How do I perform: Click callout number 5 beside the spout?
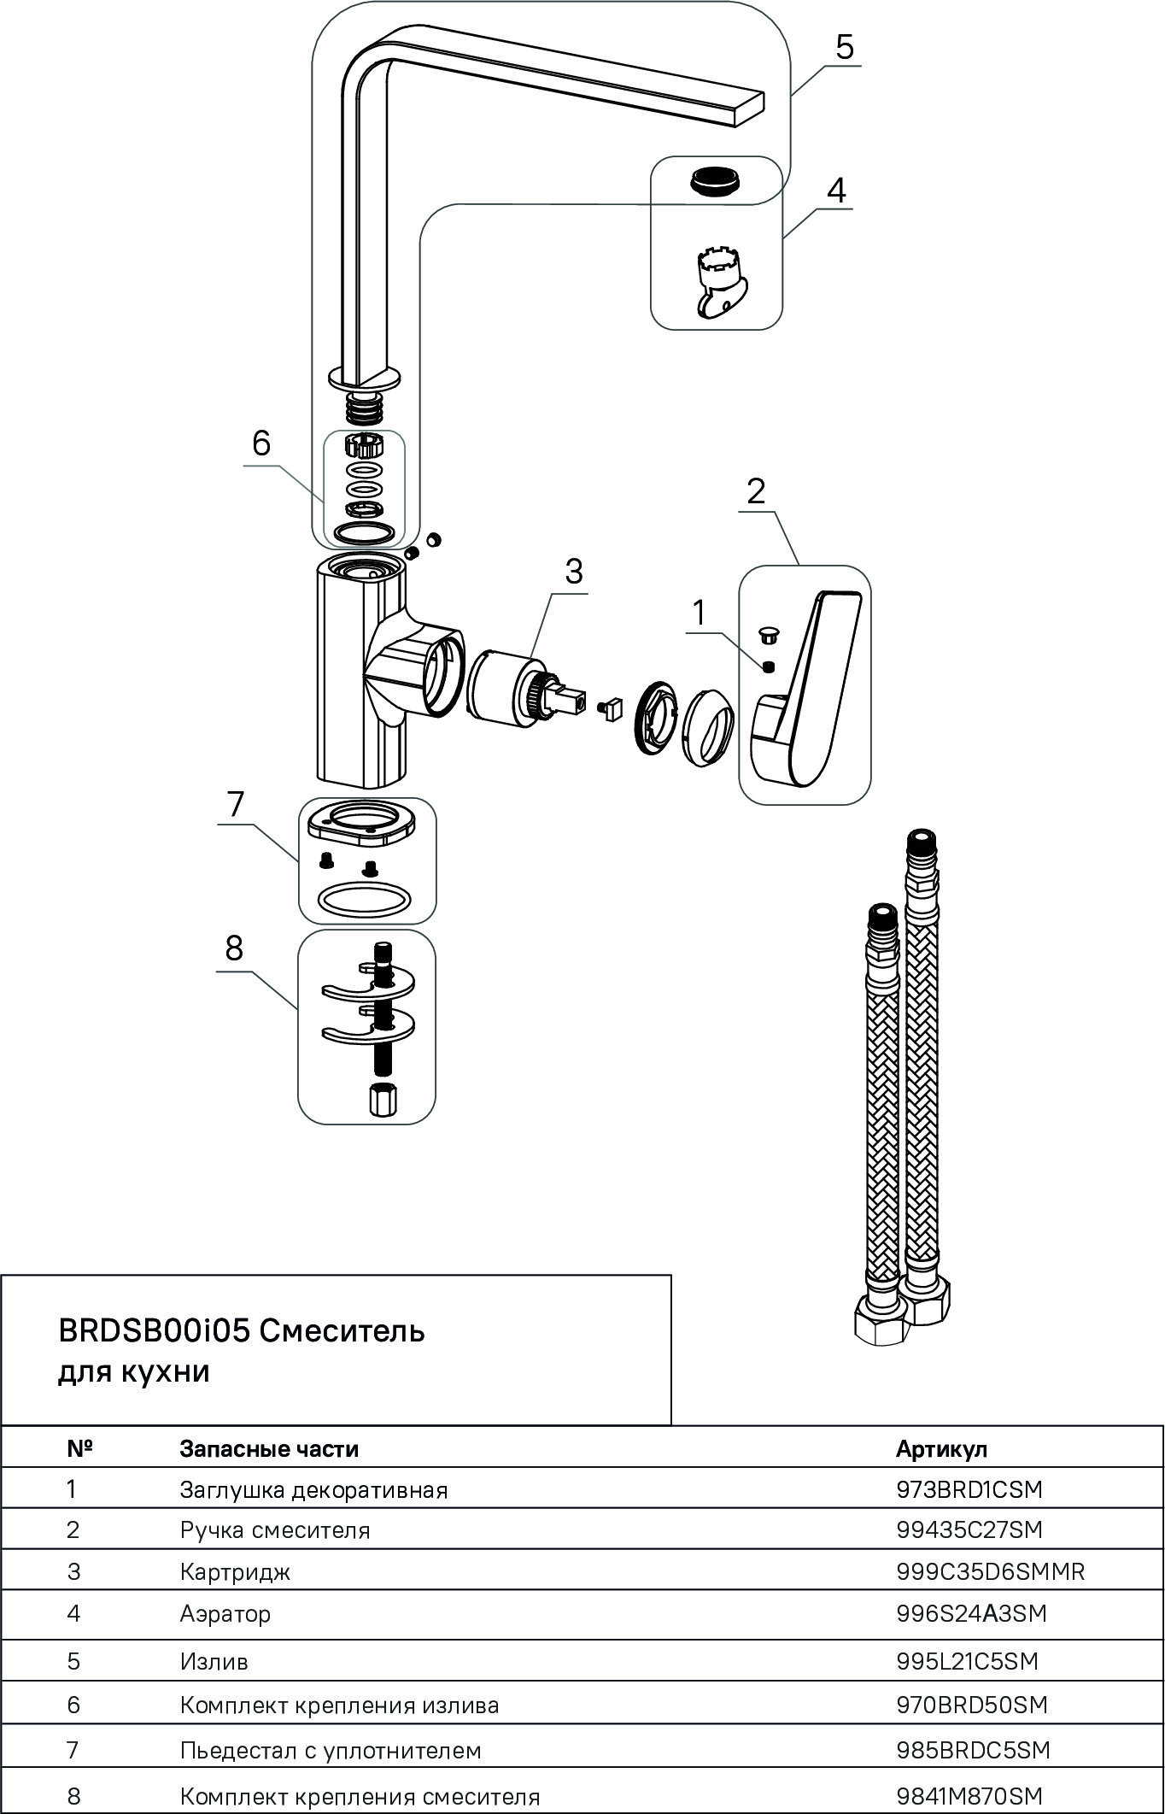click(x=844, y=47)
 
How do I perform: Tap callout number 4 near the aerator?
click(x=836, y=190)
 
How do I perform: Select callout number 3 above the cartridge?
click(x=573, y=571)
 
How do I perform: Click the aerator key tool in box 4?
click(x=716, y=283)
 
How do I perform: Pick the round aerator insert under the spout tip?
click(x=716, y=181)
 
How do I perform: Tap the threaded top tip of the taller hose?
click(x=920, y=842)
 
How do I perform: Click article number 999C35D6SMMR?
click(x=990, y=1571)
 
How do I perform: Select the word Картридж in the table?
click(x=235, y=1571)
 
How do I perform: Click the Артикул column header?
click(x=941, y=1449)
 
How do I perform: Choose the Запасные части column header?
click(x=269, y=1449)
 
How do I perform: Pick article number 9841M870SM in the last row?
click(x=969, y=1796)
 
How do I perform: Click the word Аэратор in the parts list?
click(x=225, y=1614)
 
